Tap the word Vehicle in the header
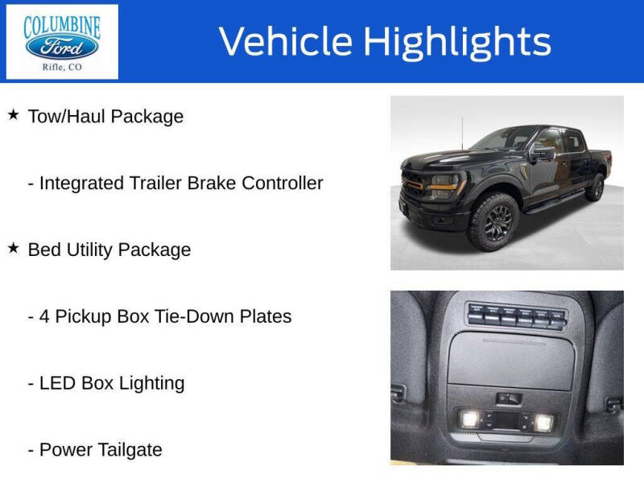point(286,42)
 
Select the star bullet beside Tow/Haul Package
point(13,115)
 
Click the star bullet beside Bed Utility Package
point(13,249)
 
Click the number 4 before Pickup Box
point(45,316)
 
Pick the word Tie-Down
point(193,316)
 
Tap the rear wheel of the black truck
point(595,187)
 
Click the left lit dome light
point(470,419)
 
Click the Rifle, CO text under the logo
point(62,68)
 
